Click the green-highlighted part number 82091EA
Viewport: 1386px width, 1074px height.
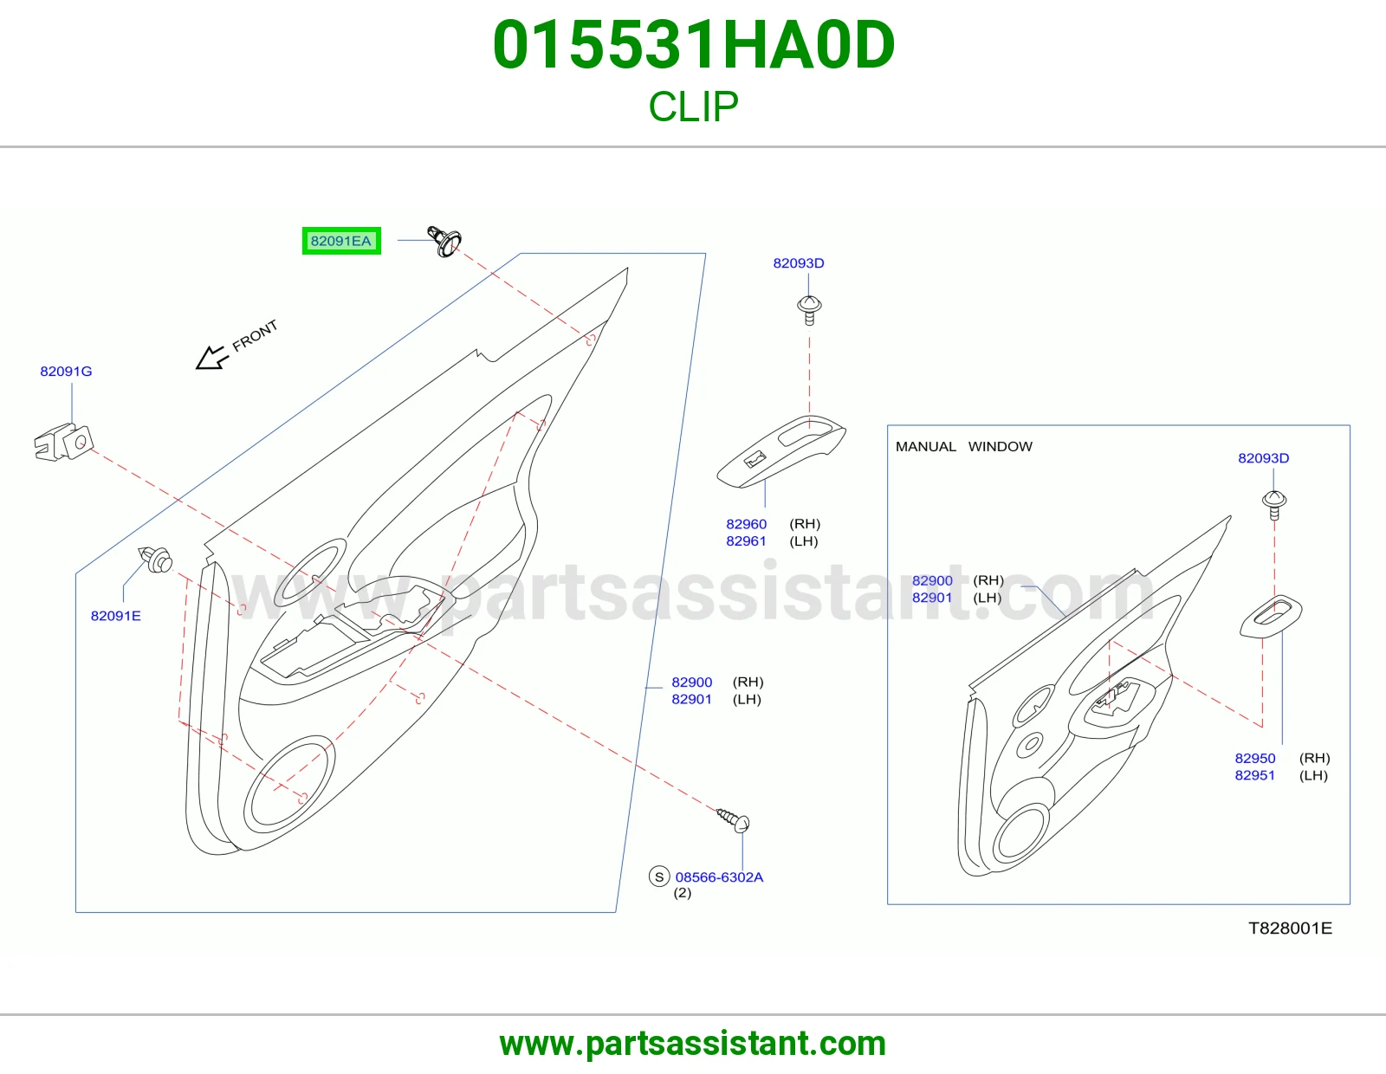coord(340,241)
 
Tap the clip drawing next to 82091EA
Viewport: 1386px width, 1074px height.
coord(444,241)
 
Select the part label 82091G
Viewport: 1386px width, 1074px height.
coord(67,372)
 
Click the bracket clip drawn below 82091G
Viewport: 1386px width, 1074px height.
coord(64,442)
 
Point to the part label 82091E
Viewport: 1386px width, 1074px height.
coord(115,616)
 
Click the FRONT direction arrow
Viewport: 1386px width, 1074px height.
coord(211,358)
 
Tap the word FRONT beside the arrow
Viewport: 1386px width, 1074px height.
coord(255,335)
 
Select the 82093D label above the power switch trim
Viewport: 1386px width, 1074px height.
coord(799,263)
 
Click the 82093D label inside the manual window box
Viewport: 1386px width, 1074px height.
coord(1264,458)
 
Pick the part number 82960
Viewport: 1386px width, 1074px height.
coord(746,524)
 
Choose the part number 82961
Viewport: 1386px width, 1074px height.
coord(746,540)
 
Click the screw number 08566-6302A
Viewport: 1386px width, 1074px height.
coord(720,877)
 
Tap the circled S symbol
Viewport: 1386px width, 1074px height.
coord(659,877)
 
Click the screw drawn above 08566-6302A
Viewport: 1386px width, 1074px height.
coord(733,820)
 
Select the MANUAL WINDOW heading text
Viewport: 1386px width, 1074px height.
coord(964,446)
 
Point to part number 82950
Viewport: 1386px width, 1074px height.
coord(1255,758)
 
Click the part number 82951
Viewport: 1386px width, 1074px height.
coord(1254,775)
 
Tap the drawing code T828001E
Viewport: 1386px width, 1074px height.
coord(1291,928)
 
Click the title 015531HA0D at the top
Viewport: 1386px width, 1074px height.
coord(694,45)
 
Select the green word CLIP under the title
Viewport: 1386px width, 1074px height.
coord(693,106)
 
